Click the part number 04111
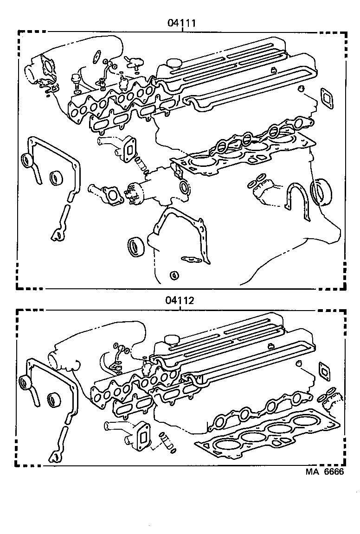pos(182,22)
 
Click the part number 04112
pos(179,300)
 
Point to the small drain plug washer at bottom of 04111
pos(174,276)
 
